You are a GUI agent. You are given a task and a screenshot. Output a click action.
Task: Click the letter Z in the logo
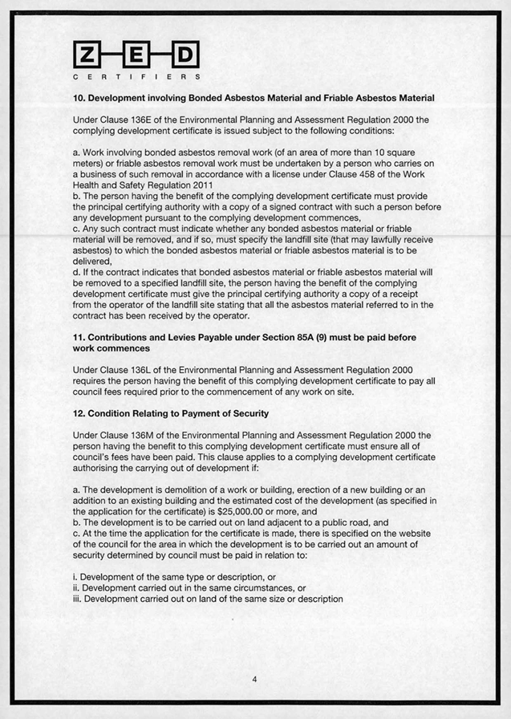coord(86,55)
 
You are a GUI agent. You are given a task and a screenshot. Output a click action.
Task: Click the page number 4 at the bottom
coord(254,680)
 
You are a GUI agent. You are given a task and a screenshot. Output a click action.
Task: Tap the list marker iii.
coord(76,599)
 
